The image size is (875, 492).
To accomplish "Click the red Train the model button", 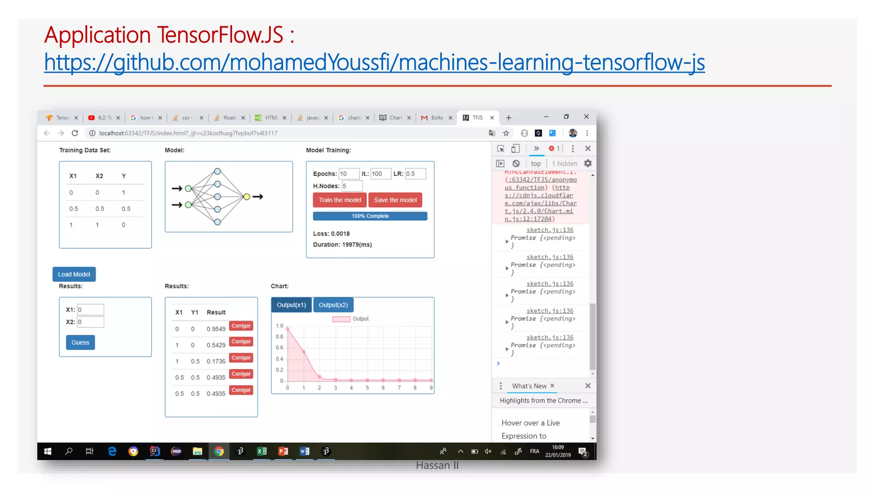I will click(340, 200).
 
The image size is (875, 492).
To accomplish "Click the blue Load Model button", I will click(74, 274).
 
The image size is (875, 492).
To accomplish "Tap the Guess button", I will click(80, 343).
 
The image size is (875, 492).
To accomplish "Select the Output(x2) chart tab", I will click(333, 305).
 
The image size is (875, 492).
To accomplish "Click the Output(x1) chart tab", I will click(291, 305).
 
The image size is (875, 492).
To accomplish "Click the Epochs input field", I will click(349, 174).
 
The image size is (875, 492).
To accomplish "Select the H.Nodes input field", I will click(352, 186).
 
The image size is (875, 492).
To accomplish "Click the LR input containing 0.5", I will click(415, 174).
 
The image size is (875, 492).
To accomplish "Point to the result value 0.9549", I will click(216, 329).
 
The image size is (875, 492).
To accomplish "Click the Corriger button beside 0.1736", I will click(241, 358).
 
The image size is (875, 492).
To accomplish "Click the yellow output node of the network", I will click(247, 196).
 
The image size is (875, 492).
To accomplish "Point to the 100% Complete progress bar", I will click(370, 216).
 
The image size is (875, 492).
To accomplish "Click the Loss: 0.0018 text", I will click(332, 234).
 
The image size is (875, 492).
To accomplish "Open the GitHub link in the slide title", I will click(374, 62).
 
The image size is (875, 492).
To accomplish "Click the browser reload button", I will click(75, 133).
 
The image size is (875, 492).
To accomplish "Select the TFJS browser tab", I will click(477, 118).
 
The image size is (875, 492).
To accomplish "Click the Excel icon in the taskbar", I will click(261, 451).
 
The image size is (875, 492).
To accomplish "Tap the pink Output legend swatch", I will click(341, 319).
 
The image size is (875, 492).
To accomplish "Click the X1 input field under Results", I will click(90, 310).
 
